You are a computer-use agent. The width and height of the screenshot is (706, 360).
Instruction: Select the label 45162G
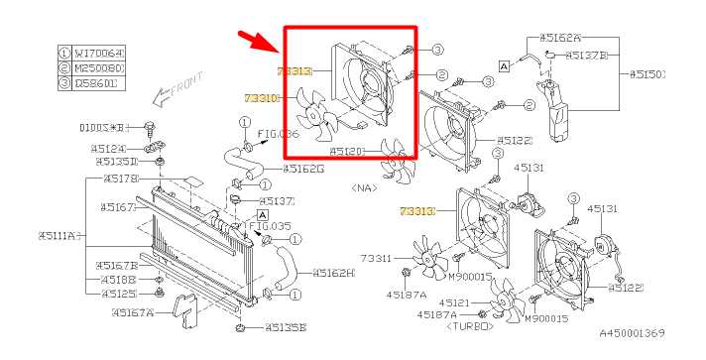(303, 169)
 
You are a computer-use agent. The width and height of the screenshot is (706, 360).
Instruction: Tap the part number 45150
(648, 73)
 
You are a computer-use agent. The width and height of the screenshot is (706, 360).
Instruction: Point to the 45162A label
(560, 37)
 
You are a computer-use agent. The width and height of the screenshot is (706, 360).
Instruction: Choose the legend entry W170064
(96, 53)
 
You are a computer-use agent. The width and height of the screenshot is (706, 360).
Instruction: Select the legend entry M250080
(96, 68)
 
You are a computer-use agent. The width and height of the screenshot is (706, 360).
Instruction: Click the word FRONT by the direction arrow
(185, 84)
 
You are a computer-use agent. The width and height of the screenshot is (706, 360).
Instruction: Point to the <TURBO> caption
(469, 325)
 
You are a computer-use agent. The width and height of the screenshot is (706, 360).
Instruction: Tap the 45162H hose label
(332, 273)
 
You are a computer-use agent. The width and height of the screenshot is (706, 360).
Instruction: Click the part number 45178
(121, 179)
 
